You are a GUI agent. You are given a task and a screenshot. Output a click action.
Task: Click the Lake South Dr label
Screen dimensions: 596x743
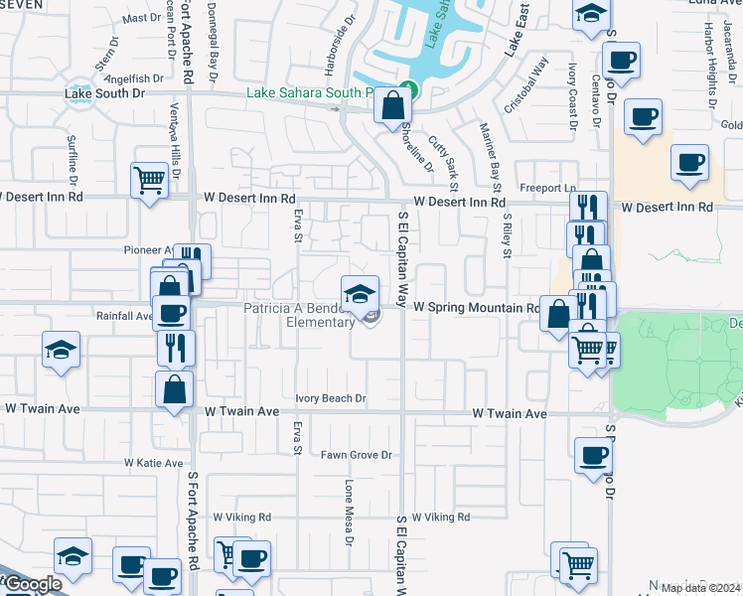point(104,94)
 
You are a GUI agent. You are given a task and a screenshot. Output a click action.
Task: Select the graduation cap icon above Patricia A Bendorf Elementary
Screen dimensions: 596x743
point(360,293)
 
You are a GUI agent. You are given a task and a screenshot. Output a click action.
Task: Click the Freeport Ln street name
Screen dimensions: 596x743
point(547,188)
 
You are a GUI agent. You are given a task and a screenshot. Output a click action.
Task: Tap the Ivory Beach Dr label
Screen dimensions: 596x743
point(331,398)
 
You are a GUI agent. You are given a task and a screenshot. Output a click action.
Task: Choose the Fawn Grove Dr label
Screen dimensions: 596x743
point(356,455)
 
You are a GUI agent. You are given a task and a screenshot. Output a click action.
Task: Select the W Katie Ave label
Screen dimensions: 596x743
point(154,463)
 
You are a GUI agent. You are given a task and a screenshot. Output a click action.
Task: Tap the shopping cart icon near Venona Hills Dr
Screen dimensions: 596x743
point(149,181)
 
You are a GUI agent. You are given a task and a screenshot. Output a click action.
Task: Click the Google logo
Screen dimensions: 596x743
point(32,584)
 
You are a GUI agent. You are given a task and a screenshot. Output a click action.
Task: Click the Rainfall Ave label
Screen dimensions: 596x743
point(123,316)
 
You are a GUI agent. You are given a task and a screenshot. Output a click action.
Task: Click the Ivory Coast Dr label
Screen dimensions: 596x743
point(573,95)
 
